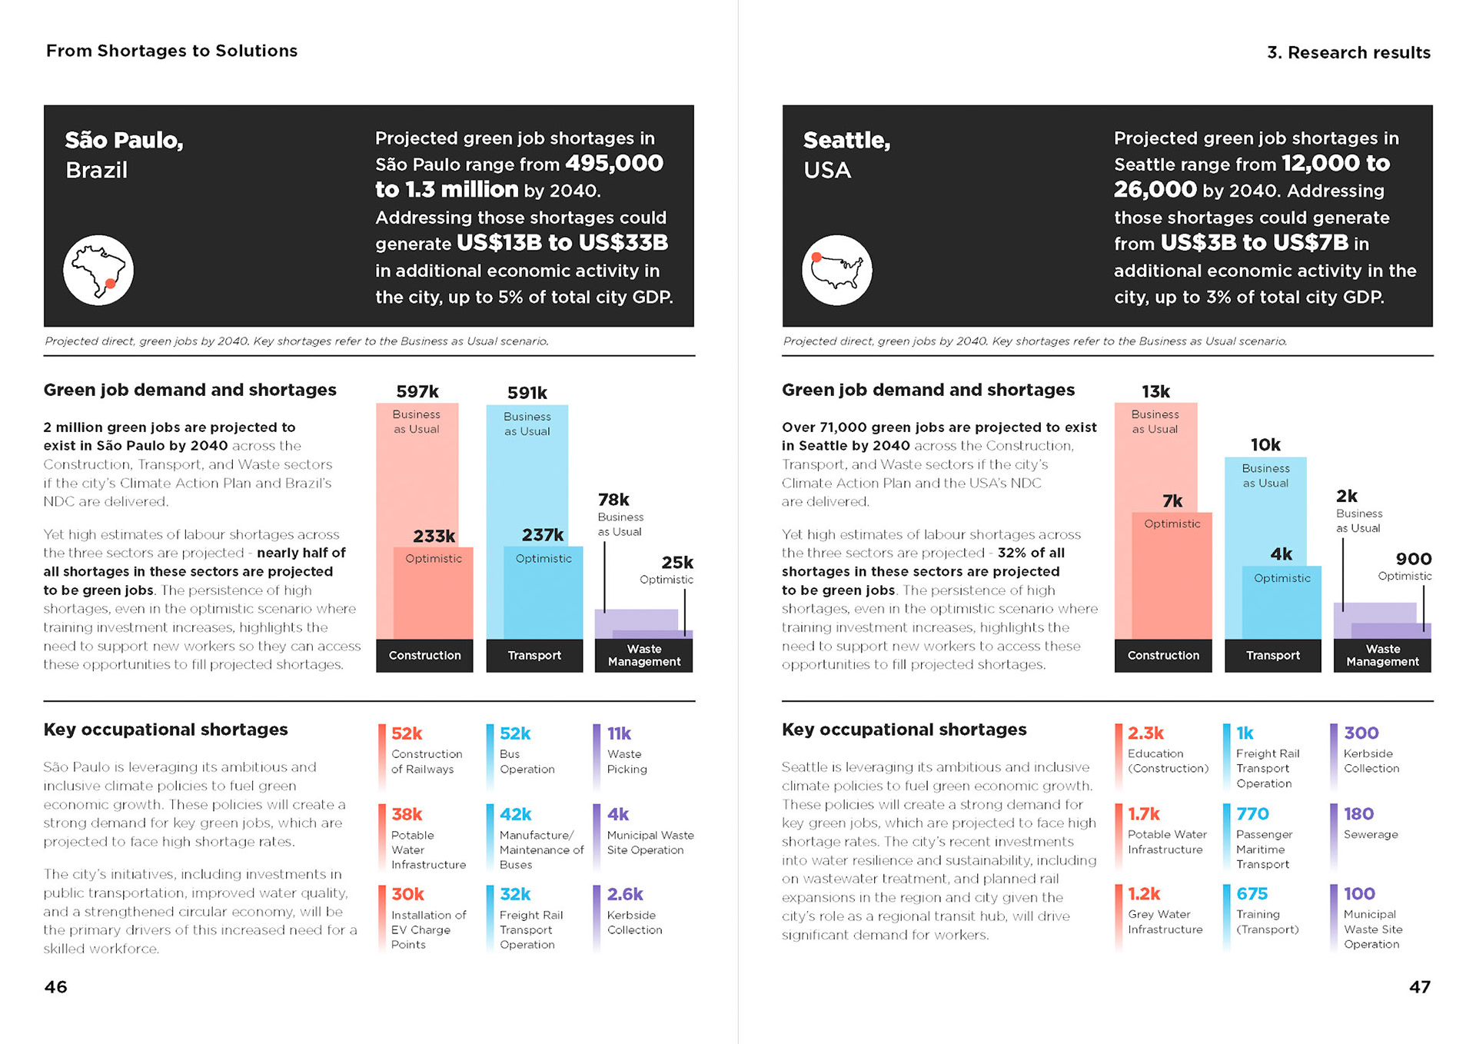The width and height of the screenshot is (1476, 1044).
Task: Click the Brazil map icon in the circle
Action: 98,270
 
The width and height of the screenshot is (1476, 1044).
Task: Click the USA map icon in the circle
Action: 837,270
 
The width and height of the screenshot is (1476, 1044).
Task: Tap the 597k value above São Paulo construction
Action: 417,391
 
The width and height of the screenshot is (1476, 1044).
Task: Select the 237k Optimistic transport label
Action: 543,535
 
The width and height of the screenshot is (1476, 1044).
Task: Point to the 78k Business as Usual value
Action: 613,500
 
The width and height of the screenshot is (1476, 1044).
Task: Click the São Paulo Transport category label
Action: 534,655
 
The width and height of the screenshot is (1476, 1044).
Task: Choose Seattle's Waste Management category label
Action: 1382,655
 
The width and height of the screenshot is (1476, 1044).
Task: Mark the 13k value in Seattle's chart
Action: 1155,391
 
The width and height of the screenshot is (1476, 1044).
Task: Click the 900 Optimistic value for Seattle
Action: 1413,559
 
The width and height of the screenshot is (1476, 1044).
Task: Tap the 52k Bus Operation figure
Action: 515,733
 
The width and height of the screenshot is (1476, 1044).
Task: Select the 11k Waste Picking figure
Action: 619,733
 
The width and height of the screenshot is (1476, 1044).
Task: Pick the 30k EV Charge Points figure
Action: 407,894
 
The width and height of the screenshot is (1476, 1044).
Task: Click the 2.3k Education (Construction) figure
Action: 1145,733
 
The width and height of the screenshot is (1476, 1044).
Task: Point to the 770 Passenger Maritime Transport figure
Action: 1252,813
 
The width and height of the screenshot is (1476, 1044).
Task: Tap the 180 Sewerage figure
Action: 1358,813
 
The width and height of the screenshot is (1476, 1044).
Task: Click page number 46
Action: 55,986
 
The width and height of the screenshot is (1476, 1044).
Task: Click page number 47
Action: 1419,986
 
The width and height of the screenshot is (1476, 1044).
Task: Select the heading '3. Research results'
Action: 1348,52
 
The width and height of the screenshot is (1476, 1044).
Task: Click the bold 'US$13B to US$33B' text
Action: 562,243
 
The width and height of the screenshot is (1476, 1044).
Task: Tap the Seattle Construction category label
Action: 1163,655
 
